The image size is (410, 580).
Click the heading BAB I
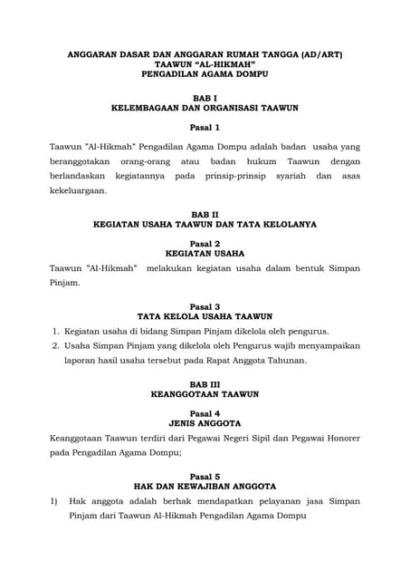tap(205, 96)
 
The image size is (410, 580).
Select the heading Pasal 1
tap(205, 128)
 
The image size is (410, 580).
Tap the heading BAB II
tap(205, 213)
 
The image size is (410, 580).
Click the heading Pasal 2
tap(205, 244)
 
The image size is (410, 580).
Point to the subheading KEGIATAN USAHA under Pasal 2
tap(205, 254)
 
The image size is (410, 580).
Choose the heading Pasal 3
tap(205, 306)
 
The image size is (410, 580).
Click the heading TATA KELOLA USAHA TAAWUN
tap(205, 317)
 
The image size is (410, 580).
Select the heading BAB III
tap(205, 384)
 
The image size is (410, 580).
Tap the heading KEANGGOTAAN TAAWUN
tap(205, 394)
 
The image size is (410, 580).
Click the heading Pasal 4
tap(205, 413)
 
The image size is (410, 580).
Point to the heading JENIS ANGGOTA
tap(205, 423)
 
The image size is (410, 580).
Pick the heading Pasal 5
tap(205, 476)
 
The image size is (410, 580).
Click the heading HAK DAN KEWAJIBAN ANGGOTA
tap(205, 487)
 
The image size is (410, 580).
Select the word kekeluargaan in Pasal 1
tap(78, 191)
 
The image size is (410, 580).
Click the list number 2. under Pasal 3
tap(56, 345)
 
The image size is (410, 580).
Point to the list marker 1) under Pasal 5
tap(54, 501)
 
